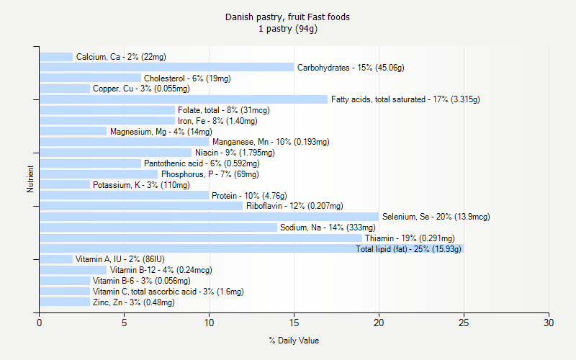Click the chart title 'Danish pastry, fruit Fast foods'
pos(288,17)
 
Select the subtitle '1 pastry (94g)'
pos(288,29)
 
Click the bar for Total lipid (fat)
pos(251,248)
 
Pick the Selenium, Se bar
pos(209,217)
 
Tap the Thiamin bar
pos(200,238)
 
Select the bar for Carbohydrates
pos(166,68)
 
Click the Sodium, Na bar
pos(158,228)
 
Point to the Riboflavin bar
pos(141,206)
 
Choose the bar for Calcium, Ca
pos(56,57)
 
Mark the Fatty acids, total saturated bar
pos(183,99)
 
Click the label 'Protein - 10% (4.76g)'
pos(250,196)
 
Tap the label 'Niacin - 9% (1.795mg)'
pos(235,153)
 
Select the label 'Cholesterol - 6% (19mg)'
pos(187,78)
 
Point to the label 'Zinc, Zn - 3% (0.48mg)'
pos(134,302)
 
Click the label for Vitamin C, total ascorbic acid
pos(168,292)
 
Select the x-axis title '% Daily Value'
pos(294,341)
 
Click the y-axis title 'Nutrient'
pos(30,179)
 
